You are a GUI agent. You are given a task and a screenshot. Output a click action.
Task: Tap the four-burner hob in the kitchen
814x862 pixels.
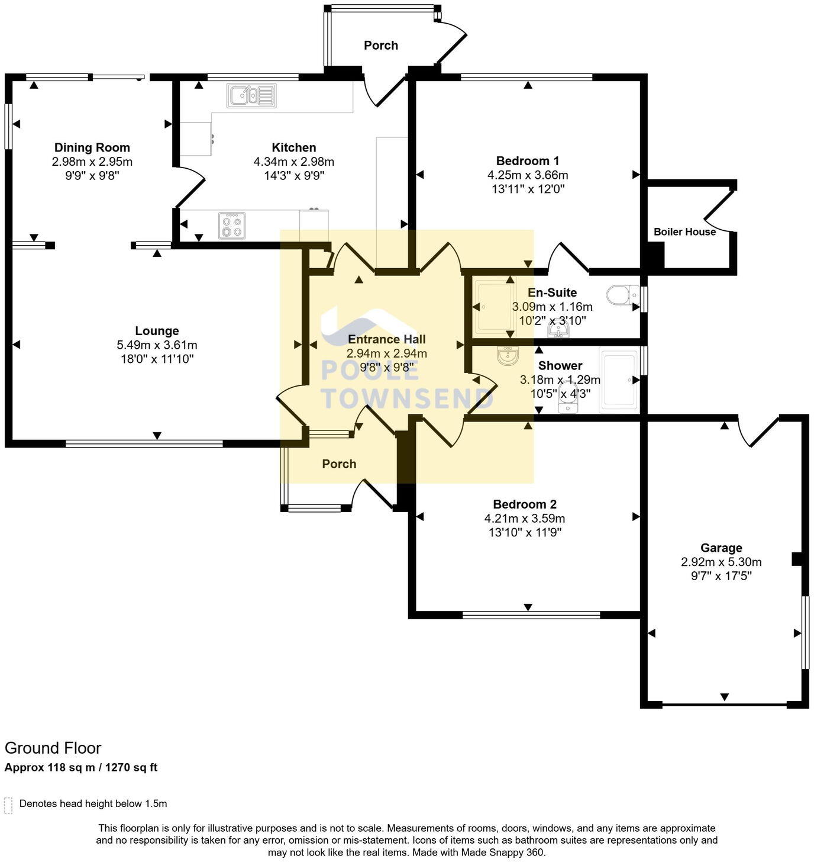tap(232, 225)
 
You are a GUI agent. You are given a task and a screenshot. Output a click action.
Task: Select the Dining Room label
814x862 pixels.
tap(92, 147)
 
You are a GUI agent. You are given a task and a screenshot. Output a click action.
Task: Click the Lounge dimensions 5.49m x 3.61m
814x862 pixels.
tap(157, 345)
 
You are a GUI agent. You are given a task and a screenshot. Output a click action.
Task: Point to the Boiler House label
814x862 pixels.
tap(684, 232)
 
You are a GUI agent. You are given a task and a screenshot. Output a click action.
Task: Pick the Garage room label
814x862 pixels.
tap(721, 548)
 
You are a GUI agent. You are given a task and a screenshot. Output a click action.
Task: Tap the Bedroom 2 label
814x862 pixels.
tap(525, 504)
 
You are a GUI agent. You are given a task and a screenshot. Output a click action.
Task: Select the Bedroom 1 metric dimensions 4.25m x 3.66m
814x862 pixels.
tap(528, 175)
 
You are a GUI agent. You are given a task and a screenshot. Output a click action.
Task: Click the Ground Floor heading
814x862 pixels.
tap(53, 748)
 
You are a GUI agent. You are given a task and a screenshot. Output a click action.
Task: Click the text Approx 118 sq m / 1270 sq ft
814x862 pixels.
tap(81, 768)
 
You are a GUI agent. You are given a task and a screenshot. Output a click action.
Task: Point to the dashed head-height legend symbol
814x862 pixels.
tap(8, 805)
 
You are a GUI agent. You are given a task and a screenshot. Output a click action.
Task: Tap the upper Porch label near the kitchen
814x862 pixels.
tap(380, 46)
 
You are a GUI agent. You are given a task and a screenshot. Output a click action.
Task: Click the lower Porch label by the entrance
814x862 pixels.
tap(339, 464)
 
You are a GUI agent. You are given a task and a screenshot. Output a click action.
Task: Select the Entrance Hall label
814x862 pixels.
tap(387, 339)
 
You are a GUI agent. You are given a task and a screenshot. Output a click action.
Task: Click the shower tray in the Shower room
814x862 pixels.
tap(619, 380)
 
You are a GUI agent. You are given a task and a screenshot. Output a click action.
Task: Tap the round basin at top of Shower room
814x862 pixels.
tap(508, 356)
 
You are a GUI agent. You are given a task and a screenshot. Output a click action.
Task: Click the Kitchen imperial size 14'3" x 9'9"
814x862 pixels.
tap(294, 176)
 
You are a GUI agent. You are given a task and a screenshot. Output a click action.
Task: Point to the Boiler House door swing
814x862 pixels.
tap(718, 211)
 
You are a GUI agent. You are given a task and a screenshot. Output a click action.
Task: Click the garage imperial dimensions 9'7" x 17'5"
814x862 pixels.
tap(721, 576)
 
